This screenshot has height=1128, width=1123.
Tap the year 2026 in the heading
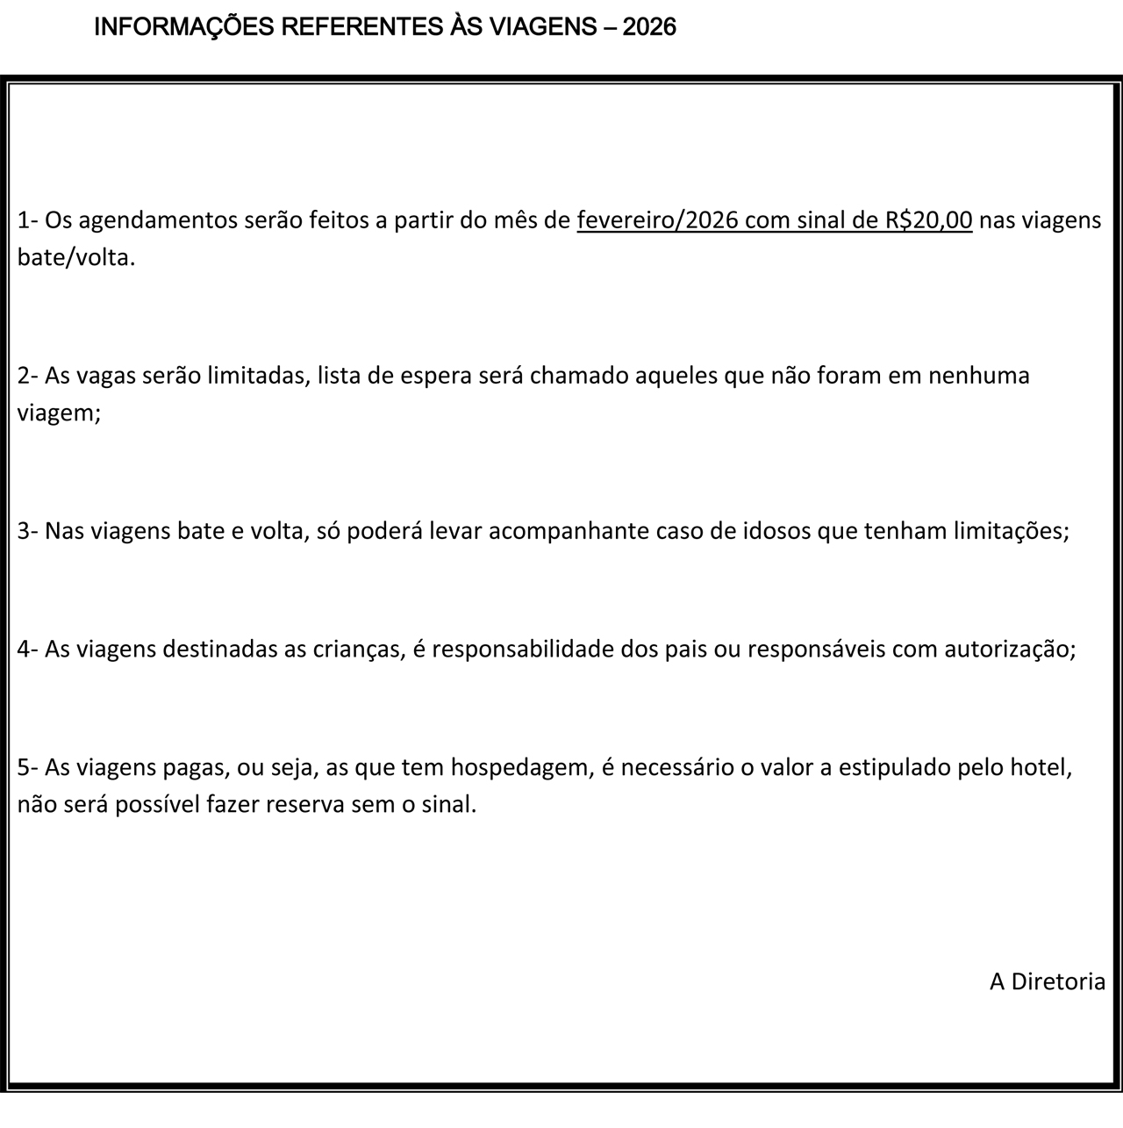click(650, 27)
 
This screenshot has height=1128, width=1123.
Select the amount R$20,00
click(929, 220)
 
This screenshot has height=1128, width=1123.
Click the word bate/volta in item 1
click(75, 259)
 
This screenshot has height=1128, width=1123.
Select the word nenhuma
click(979, 376)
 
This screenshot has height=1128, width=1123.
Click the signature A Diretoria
click(1048, 981)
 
